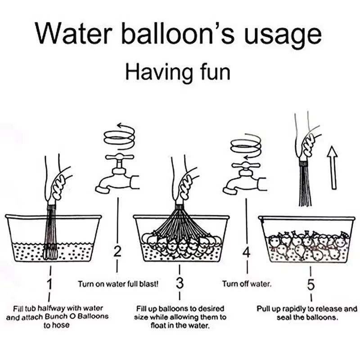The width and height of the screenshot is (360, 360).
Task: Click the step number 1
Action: point(50,284)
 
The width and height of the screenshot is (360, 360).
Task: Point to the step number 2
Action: point(117,252)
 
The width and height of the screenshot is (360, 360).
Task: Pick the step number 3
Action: point(180,284)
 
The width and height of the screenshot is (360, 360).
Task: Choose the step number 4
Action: point(246,252)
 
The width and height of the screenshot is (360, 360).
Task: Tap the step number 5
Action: point(311,284)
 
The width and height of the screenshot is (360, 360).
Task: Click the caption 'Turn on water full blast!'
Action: point(118,284)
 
